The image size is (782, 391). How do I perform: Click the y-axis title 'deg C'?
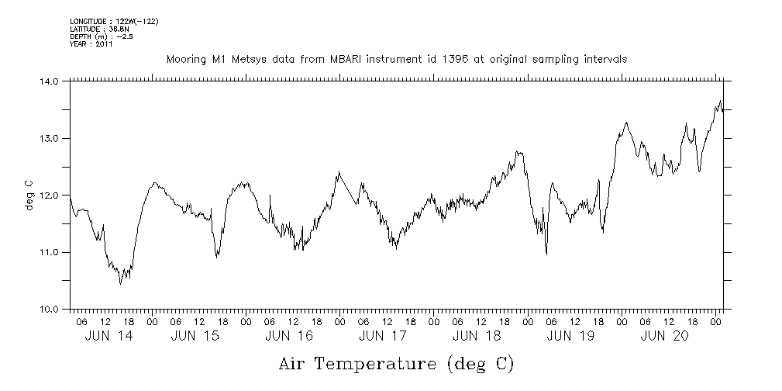(x=29, y=195)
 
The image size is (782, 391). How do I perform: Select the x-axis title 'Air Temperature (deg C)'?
(x=396, y=363)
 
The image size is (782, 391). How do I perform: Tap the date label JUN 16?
(x=288, y=336)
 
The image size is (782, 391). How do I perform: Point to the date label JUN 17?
(x=382, y=336)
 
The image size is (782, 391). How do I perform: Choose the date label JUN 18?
(x=476, y=336)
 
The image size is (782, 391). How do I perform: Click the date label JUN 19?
(x=570, y=336)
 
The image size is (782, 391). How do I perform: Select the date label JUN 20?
(x=663, y=336)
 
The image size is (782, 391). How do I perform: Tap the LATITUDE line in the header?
(x=98, y=29)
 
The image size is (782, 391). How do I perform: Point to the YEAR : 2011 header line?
(x=91, y=44)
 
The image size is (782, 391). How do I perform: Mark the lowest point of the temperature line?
(x=120, y=284)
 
